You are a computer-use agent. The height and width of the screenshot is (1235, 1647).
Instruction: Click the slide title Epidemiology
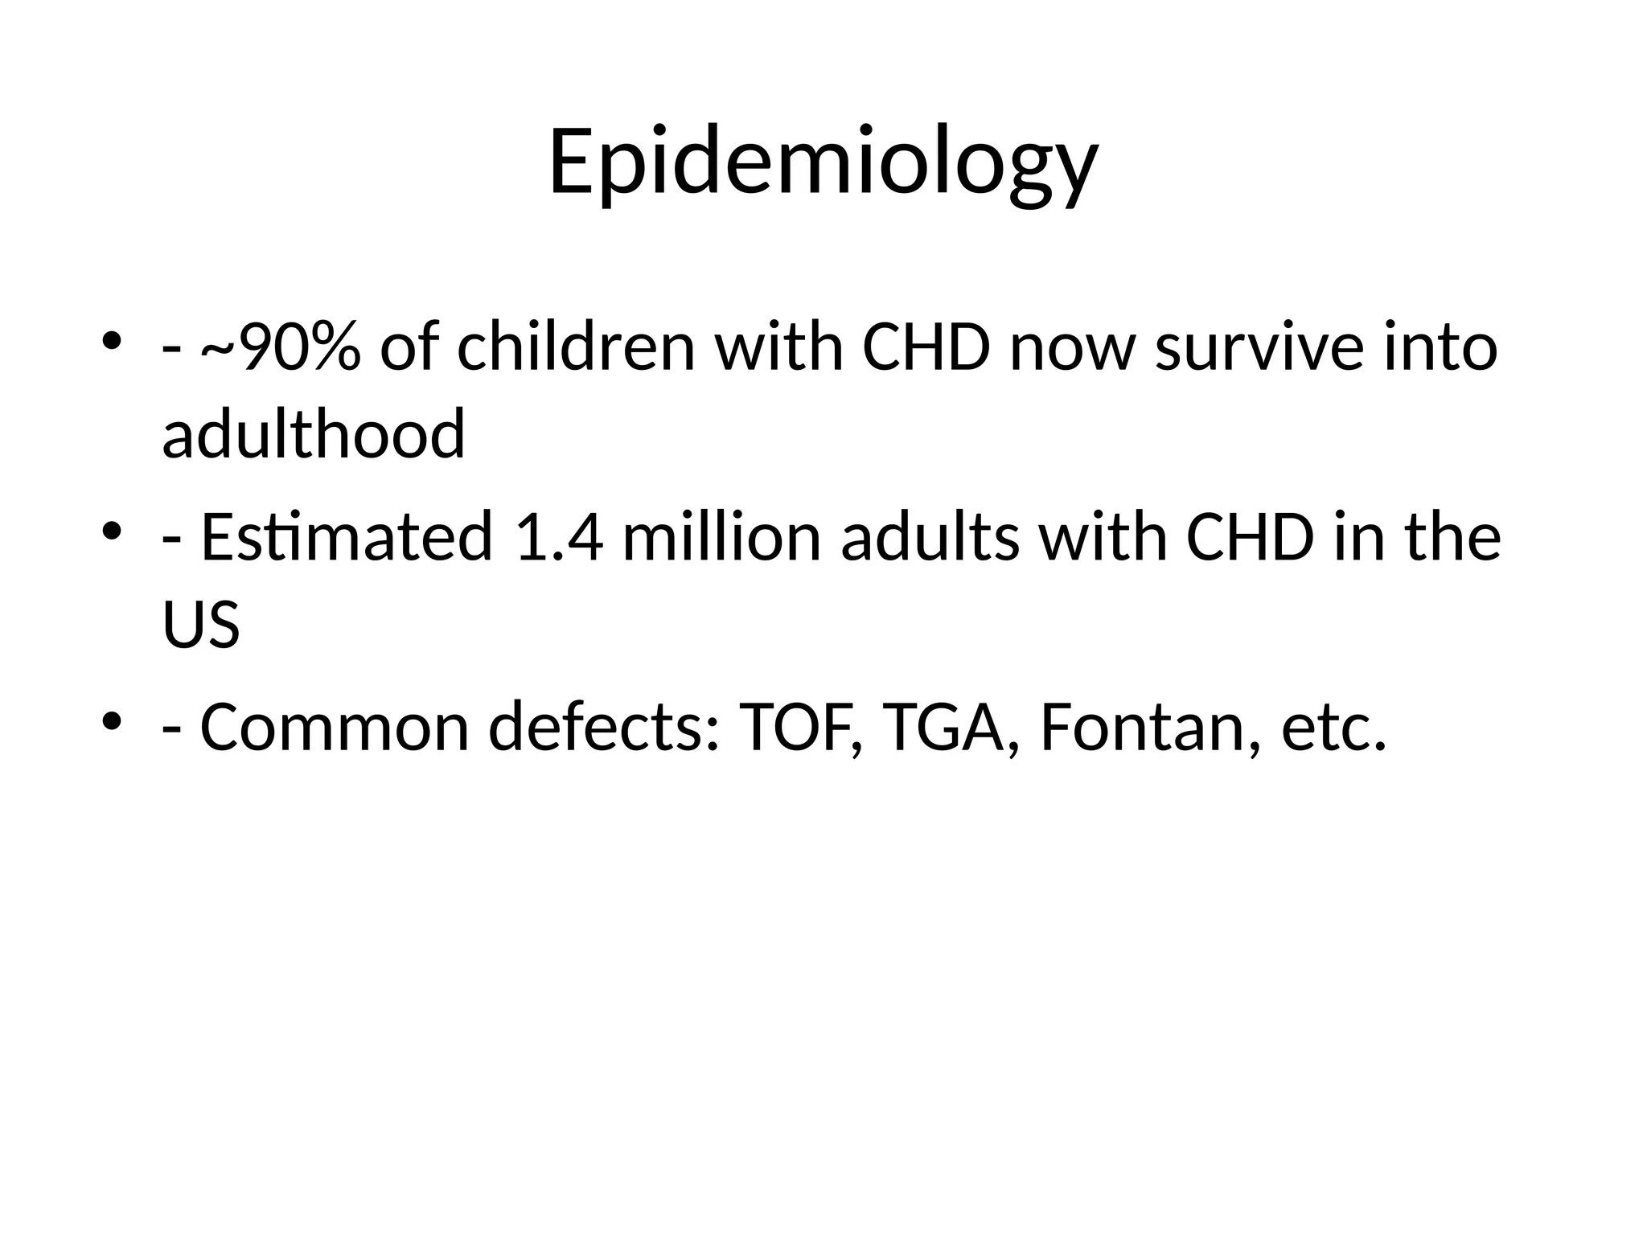click(823, 162)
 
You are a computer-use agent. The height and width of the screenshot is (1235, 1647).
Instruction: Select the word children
click(576, 348)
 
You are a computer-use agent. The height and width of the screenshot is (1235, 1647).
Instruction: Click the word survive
click(1259, 348)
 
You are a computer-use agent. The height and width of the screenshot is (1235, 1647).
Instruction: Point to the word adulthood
click(314, 435)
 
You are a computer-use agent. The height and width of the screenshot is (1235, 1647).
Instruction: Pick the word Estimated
click(346, 537)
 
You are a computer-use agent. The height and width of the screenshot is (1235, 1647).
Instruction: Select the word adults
click(930, 537)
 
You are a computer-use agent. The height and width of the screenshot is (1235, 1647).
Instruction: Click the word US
click(201, 625)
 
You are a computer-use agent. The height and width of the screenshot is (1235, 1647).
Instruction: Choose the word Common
click(334, 728)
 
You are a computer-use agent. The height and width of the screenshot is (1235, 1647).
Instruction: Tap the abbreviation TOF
click(799, 728)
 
